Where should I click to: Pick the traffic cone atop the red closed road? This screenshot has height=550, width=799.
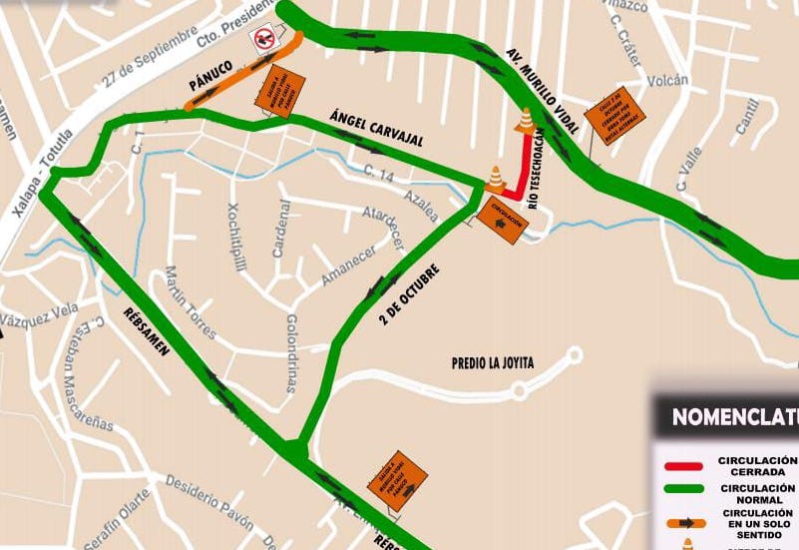point(525,121)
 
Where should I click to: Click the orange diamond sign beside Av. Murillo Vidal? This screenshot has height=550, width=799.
point(614,116)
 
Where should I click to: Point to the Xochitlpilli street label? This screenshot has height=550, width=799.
point(237,235)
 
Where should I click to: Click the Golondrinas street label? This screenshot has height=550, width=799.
point(292,352)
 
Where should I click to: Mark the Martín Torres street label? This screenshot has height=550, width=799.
point(191,302)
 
